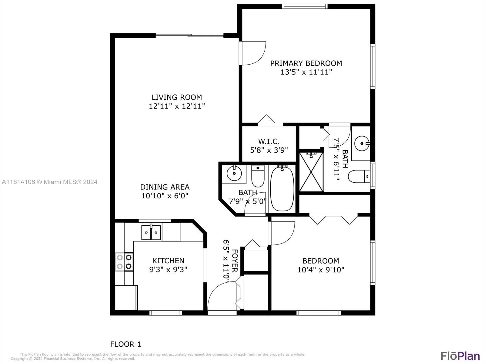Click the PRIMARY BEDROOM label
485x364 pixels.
306,63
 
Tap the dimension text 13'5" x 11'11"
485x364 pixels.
306,72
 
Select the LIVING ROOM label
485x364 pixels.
177,97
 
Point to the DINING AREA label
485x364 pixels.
165,187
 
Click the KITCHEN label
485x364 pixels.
168,261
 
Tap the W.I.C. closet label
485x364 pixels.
269,141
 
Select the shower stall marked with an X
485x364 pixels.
311,172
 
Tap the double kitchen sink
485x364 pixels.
151,233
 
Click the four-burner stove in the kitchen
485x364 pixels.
124,262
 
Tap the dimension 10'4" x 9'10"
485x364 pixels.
321,270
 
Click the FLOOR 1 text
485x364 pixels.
125,344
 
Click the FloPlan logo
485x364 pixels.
460,356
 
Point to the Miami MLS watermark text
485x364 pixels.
49,182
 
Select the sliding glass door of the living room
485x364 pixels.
189,35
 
